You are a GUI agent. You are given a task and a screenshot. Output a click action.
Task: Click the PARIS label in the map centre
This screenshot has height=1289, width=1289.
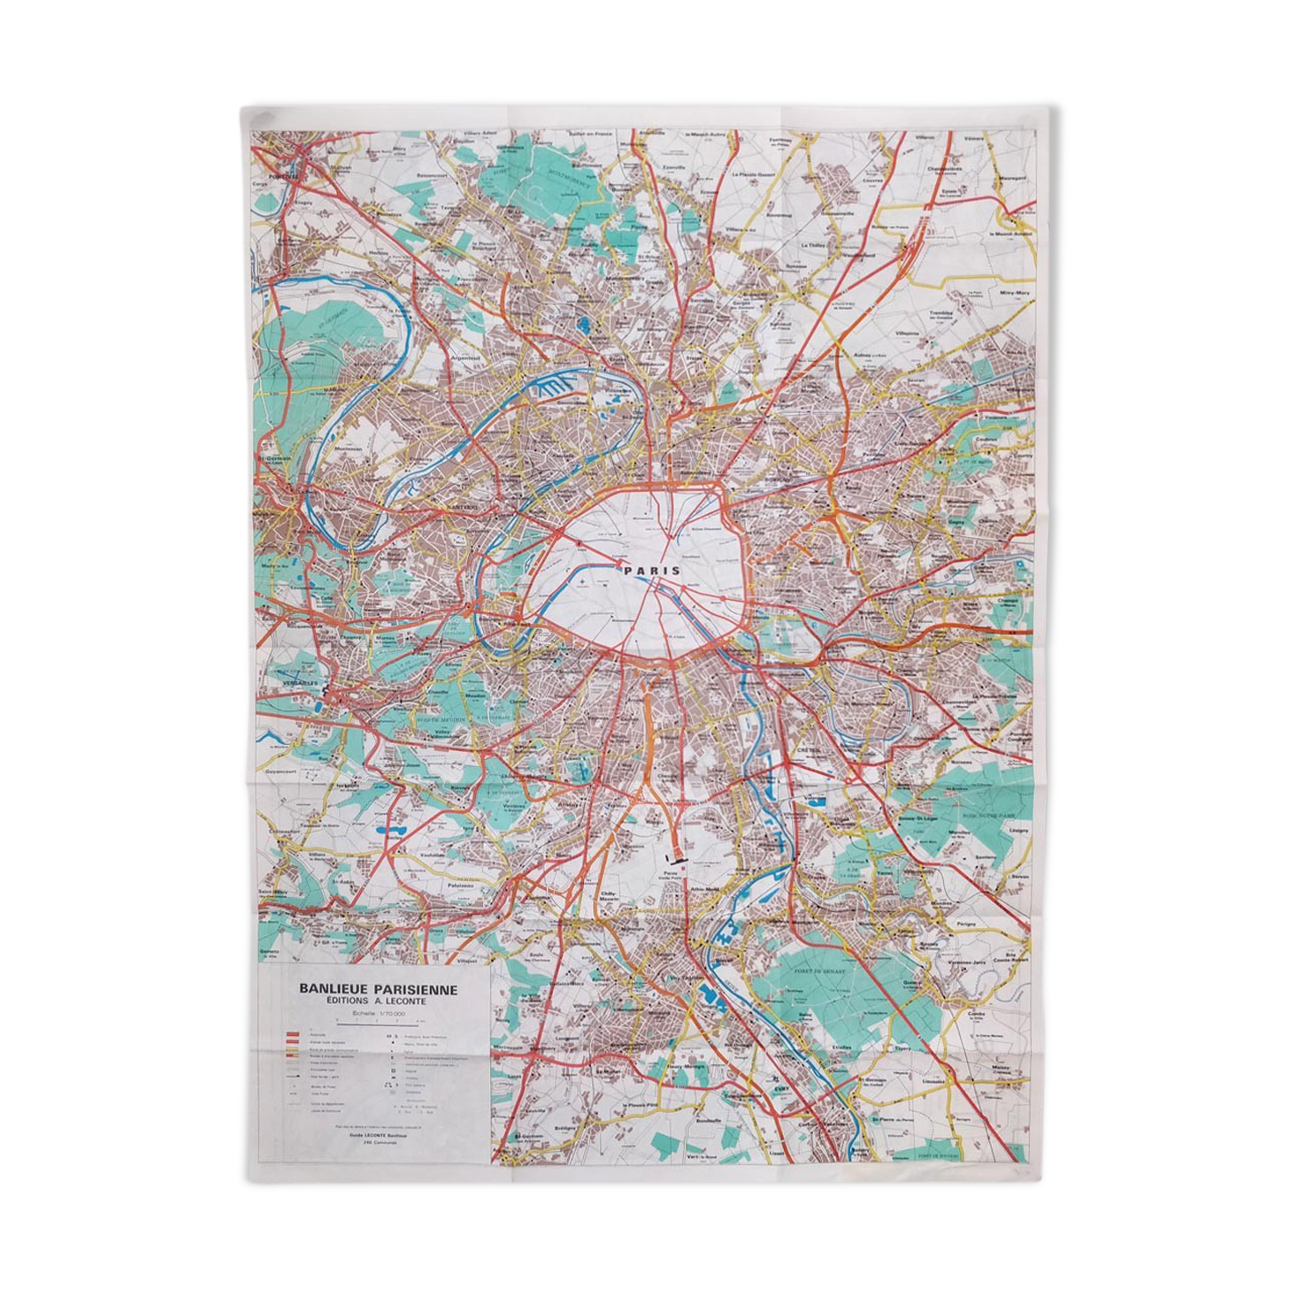pos(652,571)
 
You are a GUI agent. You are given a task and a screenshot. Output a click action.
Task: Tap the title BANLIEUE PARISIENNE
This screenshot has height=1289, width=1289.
pos(378,989)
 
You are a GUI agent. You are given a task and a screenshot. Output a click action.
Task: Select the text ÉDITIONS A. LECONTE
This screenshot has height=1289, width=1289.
pos(376,1001)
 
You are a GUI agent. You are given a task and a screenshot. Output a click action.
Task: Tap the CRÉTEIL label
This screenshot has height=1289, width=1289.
pos(807,749)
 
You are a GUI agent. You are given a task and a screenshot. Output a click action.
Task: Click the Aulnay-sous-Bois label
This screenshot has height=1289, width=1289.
pos(867,355)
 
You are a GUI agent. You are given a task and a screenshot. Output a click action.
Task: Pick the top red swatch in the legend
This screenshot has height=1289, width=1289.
pos(293,1033)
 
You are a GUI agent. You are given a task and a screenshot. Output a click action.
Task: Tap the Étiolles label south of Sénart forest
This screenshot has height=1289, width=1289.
pos(841,1047)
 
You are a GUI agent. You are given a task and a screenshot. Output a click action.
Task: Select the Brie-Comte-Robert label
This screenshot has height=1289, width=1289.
pos(1017,957)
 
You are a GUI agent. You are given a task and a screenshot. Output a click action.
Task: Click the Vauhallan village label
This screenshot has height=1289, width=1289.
pos(432,855)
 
